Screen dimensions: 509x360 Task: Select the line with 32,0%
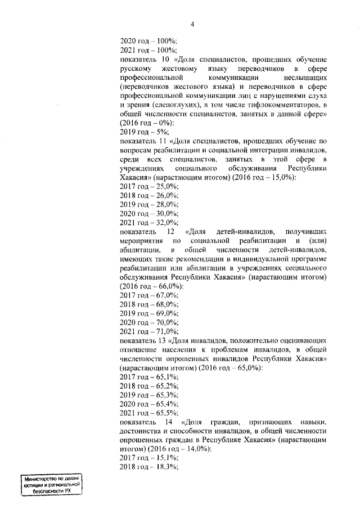(148, 222)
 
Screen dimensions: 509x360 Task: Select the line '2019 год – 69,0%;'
(148, 312)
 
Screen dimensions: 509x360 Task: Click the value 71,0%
(166, 330)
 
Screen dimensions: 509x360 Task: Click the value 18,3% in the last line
(166, 467)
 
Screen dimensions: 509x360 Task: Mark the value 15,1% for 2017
(166, 457)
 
